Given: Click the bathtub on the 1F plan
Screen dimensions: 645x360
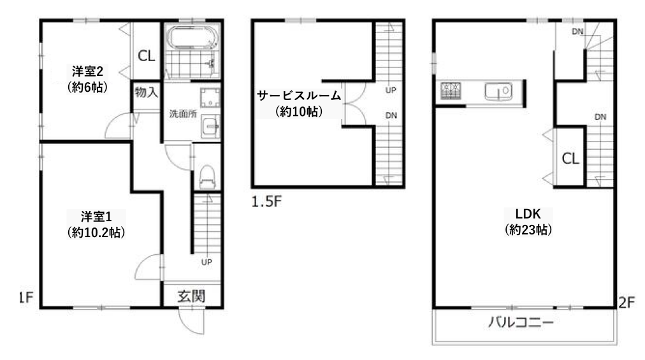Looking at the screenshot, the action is pyautogui.click(x=193, y=38).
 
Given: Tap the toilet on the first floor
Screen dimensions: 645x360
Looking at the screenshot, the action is pyautogui.click(x=207, y=177).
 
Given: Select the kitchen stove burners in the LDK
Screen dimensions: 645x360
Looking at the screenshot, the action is pyautogui.click(x=451, y=91).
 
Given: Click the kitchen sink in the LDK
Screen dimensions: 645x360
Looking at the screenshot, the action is pyautogui.click(x=498, y=91).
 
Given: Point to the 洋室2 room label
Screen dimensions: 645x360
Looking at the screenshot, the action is pyautogui.click(x=87, y=71).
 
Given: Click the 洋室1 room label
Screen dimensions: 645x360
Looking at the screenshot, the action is pyautogui.click(x=96, y=217).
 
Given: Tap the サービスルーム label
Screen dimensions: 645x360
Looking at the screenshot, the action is pyautogui.click(x=299, y=96).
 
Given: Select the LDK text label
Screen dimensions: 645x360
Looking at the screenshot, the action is pyautogui.click(x=528, y=214).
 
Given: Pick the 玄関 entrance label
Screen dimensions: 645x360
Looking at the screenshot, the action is pyautogui.click(x=191, y=296).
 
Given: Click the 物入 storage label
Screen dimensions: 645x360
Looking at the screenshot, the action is pyautogui.click(x=146, y=92).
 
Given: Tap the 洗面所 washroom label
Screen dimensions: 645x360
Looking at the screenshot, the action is pyautogui.click(x=183, y=114).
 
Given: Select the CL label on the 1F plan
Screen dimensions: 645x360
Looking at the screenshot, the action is pyautogui.click(x=147, y=55).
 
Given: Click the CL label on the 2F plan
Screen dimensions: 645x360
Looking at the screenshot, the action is pyautogui.click(x=570, y=159).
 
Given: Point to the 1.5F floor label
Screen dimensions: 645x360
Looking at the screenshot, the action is pyautogui.click(x=267, y=201).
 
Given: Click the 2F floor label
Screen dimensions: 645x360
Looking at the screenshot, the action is pyautogui.click(x=627, y=303).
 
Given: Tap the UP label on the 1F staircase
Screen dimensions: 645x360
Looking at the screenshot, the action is pyautogui.click(x=207, y=262).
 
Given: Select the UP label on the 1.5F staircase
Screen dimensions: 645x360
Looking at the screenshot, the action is pyautogui.click(x=391, y=90).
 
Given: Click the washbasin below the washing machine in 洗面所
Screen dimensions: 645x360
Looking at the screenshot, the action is pyautogui.click(x=210, y=127).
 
